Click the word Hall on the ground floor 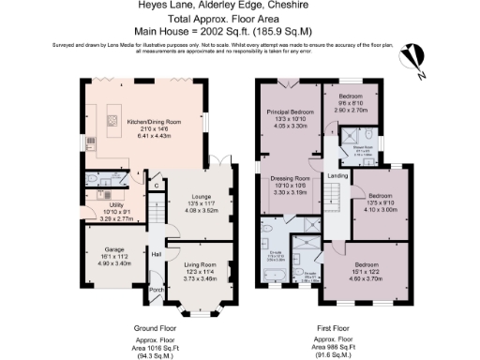click(157, 254)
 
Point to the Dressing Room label click(290, 177)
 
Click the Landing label click(337, 176)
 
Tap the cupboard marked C click(157, 186)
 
